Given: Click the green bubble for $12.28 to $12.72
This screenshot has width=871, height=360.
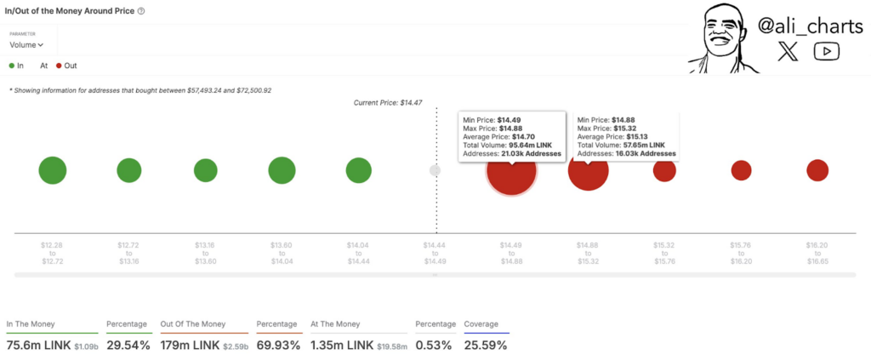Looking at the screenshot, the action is (53, 170).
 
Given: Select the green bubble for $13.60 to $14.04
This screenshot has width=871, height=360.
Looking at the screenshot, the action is (282, 170).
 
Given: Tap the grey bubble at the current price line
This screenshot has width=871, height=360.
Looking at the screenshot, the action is (435, 170).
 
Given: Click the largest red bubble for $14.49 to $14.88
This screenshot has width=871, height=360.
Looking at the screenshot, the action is (511, 170).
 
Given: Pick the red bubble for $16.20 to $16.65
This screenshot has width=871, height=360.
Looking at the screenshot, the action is (817, 170).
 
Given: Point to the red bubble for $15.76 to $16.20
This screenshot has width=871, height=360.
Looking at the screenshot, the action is (741, 170).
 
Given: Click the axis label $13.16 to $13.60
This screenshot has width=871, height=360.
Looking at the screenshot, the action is (206, 254).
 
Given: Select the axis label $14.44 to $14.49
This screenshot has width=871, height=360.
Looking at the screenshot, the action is (435, 254).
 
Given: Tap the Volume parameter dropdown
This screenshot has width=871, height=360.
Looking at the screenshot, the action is (26, 45).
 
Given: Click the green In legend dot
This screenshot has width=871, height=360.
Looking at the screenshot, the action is (12, 66).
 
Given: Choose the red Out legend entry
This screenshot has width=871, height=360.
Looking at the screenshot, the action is (66, 66).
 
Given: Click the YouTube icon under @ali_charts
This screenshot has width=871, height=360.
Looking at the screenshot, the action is (827, 52).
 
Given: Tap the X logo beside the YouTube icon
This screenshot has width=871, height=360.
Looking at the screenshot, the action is (788, 52).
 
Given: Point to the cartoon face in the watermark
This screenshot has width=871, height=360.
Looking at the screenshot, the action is (720, 37).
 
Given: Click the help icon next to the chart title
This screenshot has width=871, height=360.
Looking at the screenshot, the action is (140, 11).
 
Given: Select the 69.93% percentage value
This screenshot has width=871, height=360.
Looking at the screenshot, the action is (278, 346).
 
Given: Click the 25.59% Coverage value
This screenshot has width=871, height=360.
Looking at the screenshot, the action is (486, 346).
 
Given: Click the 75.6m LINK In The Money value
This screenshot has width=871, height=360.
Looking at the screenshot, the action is (39, 346).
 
